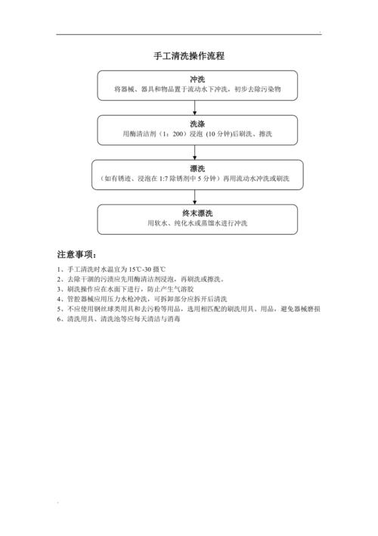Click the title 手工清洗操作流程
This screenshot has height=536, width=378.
[x=189, y=56]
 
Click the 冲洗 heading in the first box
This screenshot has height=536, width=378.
[x=197, y=79]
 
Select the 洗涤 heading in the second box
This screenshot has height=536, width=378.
[x=197, y=123]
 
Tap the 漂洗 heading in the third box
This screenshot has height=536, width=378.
[x=197, y=168]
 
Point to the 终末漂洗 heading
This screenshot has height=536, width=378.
[x=197, y=213]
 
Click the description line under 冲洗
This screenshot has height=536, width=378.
[x=197, y=89]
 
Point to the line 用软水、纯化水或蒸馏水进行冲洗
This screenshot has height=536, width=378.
[x=197, y=223]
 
